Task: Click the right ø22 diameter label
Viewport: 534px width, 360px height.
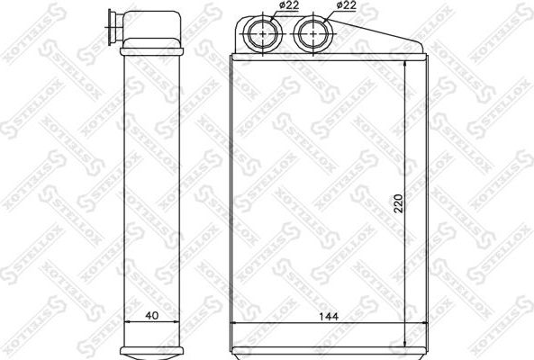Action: pyautogui.click(x=346, y=5)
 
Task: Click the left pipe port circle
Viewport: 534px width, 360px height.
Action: pyautogui.click(x=262, y=34)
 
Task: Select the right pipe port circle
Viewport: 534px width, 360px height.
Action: pyautogui.click(x=312, y=34)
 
